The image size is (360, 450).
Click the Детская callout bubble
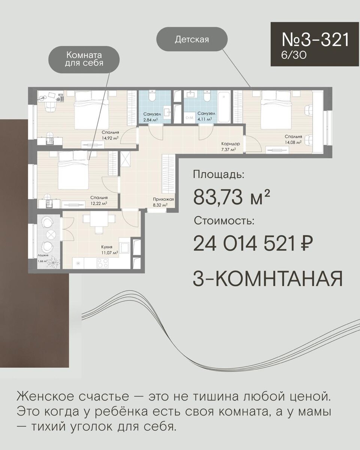[192, 39]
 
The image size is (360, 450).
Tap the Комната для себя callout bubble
[84, 59]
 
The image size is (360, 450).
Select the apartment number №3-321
[315, 39]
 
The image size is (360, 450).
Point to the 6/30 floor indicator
[294, 55]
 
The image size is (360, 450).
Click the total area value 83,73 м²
[231, 197]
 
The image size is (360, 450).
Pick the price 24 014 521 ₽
[253, 243]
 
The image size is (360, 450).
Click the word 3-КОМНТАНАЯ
[267, 279]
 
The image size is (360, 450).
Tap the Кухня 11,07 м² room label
[109, 250]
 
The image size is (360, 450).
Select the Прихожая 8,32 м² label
[163, 202]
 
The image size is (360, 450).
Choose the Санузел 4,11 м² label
[206, 117]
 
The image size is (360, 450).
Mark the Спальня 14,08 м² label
[293, 139]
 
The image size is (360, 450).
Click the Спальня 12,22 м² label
[99, 200]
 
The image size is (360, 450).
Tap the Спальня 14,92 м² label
[111, 135]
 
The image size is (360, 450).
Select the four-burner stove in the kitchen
[103, 263]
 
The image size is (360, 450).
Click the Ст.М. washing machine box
[189, 118]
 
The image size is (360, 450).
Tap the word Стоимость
[224, 221]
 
